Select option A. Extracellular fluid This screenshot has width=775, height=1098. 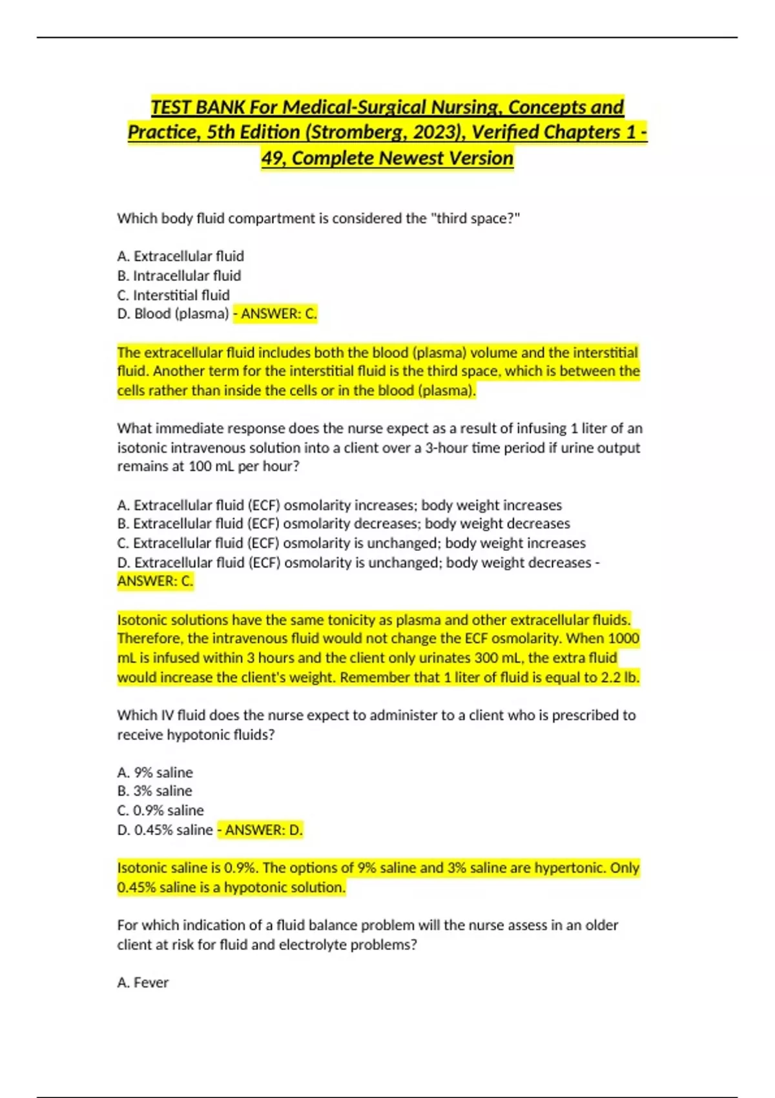pyautogui.click(x=181, y=256)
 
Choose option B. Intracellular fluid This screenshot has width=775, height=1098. pyautogui.click(x=179, y=276)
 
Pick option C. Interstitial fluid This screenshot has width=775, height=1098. pyautogui.click(x=173, y=295)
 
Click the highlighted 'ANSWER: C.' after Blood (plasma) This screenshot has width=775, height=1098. pyautogui.click(x=278, y=314)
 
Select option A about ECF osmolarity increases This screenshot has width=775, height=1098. pyautogui.click(x=339, y=505)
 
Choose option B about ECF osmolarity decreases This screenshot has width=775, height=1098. pyautogui.click(x=343, y=524)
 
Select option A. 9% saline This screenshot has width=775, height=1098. pyautogui.click(x=155, y=772)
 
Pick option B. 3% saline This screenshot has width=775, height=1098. pyautogui.click(x=155, y=791)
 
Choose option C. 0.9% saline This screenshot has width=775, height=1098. pyautogui.click(x=160, y=811)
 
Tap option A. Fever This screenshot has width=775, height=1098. pyautogui.click(x=143, y=982)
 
